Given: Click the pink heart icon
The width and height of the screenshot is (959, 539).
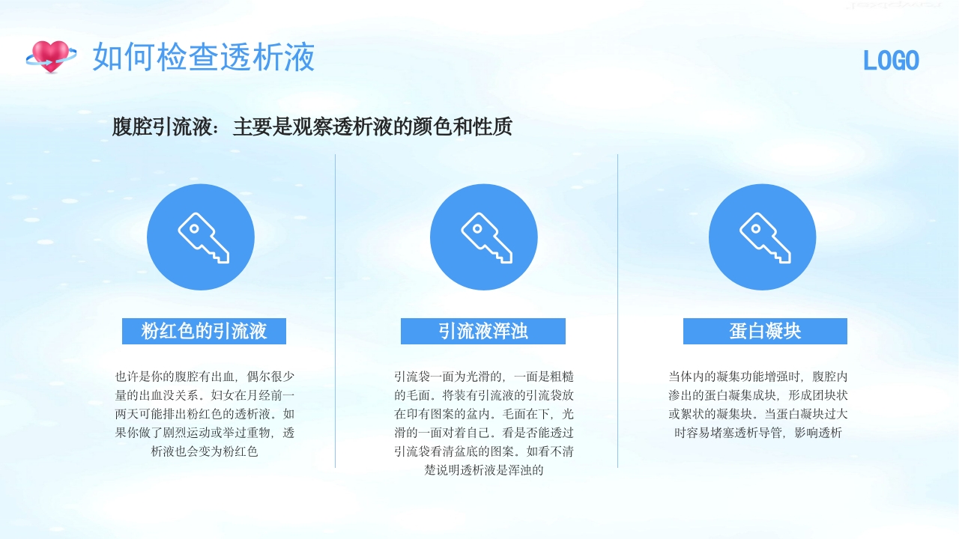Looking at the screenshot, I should coord(51,56).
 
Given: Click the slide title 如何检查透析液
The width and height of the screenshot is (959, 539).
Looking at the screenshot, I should coord(204,58).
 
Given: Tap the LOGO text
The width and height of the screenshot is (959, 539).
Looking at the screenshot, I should coord(891,61).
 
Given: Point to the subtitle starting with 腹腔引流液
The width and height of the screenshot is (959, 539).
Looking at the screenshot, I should coord(312,127).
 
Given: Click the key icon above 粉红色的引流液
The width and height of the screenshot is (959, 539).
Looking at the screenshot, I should coord(201,237).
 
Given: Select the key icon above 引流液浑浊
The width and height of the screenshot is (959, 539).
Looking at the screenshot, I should coord(484,237).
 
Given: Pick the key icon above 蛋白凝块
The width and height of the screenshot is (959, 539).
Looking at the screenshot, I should coord(763,237).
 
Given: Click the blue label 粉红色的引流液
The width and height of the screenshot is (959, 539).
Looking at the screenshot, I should coord(204,331).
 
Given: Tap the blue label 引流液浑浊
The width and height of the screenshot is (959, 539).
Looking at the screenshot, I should coord(483,331).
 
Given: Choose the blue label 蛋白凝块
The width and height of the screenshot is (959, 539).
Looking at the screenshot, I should coord(765,331).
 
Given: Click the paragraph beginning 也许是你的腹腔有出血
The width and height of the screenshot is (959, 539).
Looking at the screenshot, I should coord(205,414).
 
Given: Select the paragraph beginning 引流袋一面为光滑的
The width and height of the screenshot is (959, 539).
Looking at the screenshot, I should coord(484,423).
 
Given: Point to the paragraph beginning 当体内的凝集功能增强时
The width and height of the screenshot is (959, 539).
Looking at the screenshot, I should coord(758,404).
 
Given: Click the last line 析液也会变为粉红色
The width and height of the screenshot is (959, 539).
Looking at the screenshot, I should coord(205,451).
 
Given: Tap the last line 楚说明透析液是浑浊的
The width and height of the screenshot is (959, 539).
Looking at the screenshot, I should coord(483,470).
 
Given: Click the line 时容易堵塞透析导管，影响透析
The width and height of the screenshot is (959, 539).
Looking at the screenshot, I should coord(758,433).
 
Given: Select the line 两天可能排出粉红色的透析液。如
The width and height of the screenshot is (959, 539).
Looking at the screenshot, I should coord(205,414).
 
